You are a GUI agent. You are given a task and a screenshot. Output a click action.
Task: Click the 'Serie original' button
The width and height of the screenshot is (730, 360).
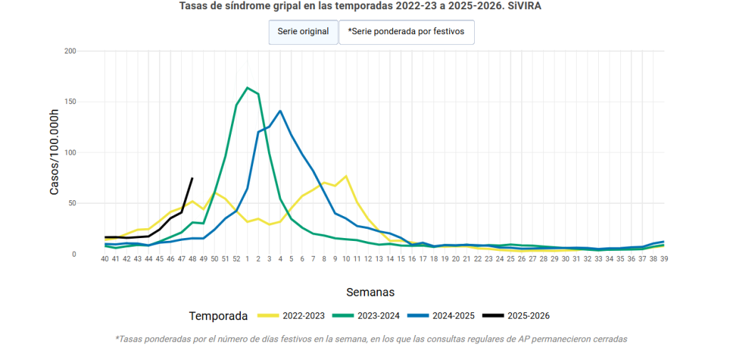coord(303,32)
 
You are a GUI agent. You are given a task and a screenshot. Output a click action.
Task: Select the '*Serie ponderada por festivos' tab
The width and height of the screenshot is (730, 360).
coord(406,32)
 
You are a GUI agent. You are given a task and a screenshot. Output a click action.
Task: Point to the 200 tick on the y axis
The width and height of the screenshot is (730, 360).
coord(70,51)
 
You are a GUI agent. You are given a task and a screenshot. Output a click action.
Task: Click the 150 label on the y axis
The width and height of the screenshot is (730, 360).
coord(70,102)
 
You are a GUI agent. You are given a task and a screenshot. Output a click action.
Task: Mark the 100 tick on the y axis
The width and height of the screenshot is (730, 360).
coord(70,153)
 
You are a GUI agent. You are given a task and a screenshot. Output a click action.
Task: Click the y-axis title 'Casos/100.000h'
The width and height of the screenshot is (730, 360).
coord(54,153)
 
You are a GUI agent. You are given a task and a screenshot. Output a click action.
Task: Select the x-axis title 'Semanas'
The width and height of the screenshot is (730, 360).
coord(370,292)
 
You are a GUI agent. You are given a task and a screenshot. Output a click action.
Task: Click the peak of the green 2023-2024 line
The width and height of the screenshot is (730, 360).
coord(247,88)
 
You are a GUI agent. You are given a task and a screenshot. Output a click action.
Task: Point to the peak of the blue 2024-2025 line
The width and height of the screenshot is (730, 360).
coord(280,110)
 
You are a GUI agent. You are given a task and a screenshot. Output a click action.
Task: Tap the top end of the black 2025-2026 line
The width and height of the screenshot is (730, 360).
coord(192,178)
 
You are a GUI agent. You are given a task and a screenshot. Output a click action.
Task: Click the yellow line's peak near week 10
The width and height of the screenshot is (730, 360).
coord(346,176)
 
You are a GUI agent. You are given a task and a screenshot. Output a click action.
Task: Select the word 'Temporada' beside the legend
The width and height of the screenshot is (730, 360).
coord(218,316)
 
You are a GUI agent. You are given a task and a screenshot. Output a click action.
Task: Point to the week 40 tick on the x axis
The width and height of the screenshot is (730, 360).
coord(105,259)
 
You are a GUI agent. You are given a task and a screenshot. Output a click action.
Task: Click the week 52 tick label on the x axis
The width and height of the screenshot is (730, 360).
coord(236,259)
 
